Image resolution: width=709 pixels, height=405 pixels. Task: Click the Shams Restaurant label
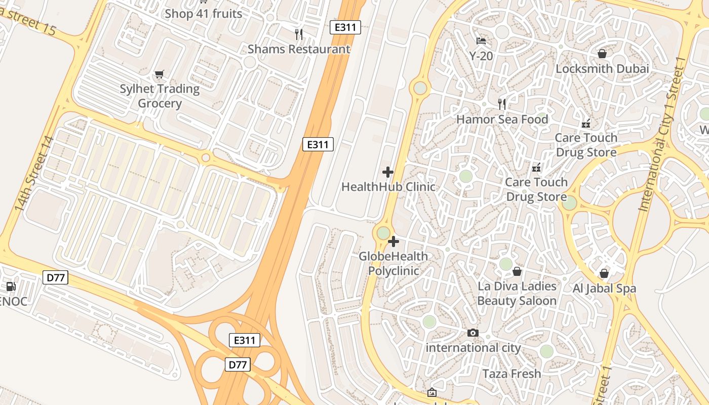coord(299,49)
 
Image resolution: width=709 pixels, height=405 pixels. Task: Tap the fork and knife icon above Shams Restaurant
coord(299,34)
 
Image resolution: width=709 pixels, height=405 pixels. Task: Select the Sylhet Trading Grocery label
coord(160,96)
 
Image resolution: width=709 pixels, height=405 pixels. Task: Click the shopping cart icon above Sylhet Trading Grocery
coord(160,74)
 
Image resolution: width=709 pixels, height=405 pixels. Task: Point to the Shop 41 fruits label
coord(204,14)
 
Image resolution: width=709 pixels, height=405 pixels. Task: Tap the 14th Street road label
coord(33,174)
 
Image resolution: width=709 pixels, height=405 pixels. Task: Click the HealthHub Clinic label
coord(388,187)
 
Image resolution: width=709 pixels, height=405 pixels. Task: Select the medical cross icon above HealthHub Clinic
coord(388,172)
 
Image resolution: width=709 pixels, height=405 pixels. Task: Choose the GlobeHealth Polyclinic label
coord(393,263)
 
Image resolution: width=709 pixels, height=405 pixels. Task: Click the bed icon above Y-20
coord(481,41)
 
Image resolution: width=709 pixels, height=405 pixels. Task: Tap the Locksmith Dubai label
coord(602,69)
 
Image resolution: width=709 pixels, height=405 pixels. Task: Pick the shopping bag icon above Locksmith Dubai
coord(602,53)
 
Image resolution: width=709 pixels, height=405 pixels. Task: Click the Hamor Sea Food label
coord(502,119)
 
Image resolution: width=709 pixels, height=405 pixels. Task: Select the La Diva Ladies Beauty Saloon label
coord(517,293)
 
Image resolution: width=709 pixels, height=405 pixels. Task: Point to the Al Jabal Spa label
coord(604,289)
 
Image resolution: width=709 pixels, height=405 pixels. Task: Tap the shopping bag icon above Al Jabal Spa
coord(604,273)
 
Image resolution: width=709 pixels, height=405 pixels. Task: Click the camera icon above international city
coord(473,333)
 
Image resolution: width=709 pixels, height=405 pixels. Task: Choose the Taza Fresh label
coord(511,374)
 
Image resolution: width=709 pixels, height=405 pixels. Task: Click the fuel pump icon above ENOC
coord(11,287)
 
